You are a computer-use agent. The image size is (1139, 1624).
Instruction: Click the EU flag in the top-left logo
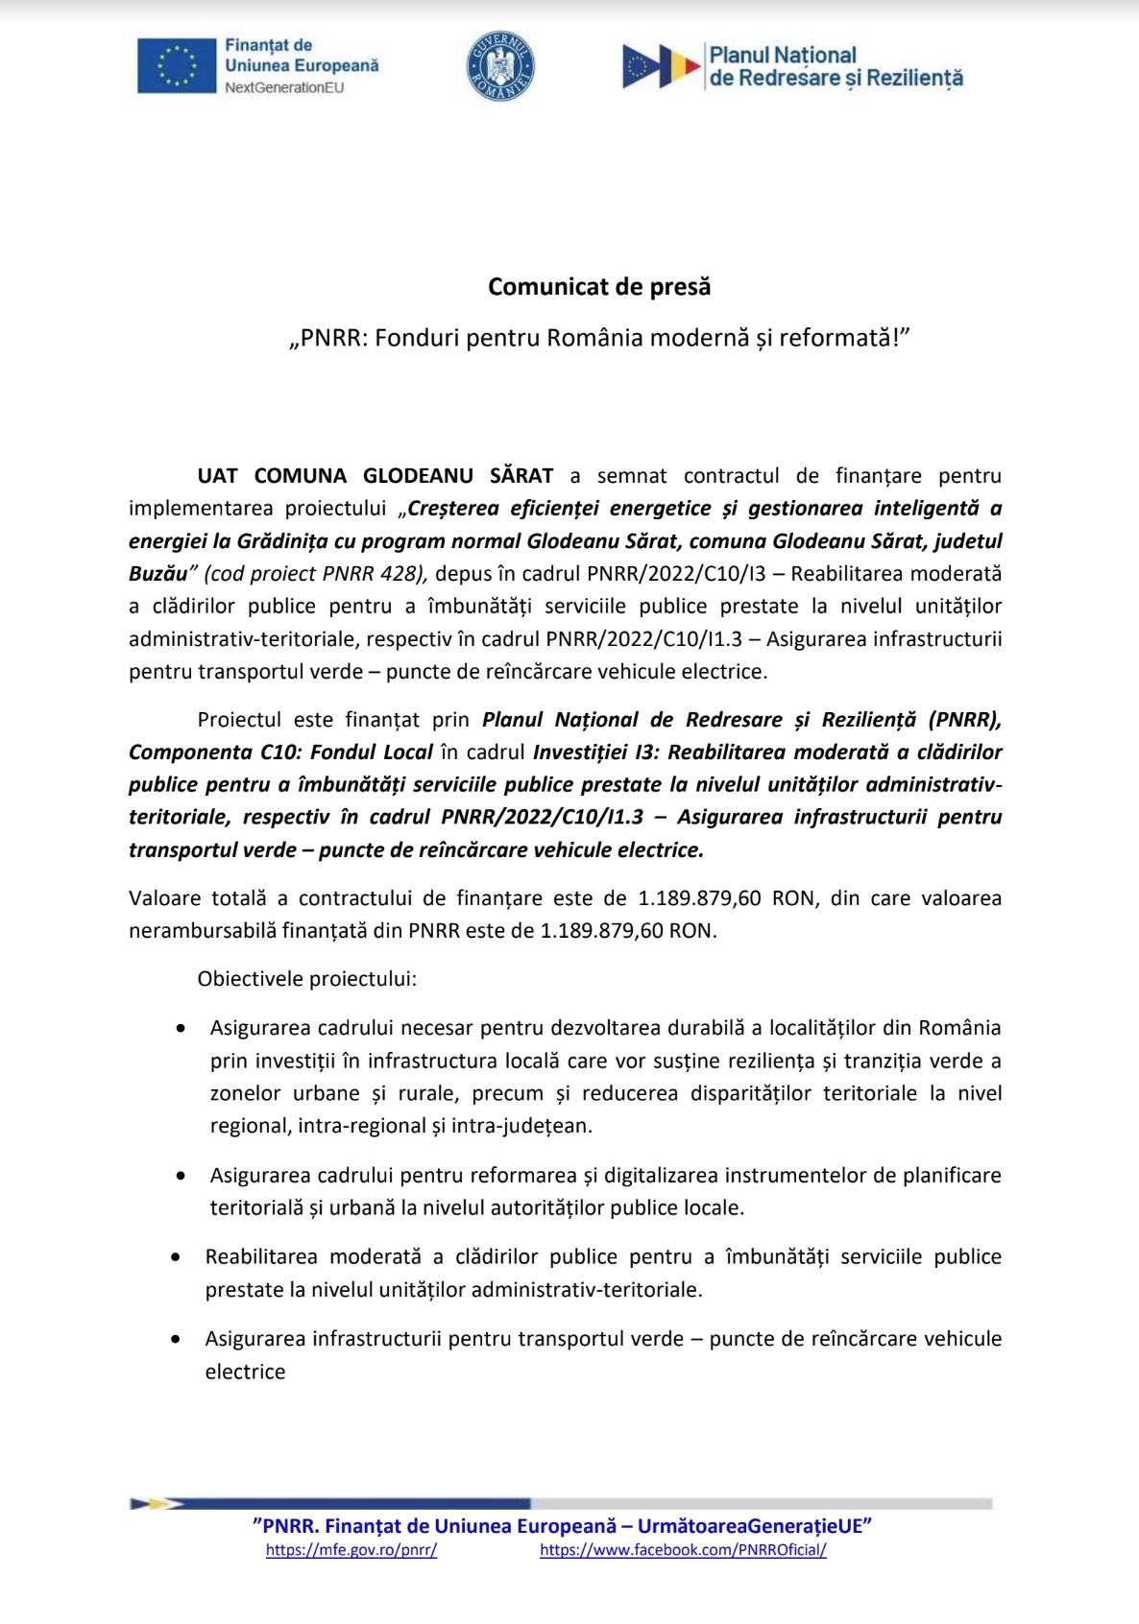pos(177,66)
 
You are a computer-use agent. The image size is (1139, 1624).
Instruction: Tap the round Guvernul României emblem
pos(500,66)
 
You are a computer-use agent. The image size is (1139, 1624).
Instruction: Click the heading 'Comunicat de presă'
pos(599,286)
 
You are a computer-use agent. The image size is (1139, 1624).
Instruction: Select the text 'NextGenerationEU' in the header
pos(284,87)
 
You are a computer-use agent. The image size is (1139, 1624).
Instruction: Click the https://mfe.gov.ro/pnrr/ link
pos(351,1549)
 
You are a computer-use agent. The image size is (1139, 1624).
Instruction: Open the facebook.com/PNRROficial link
pos(683,1549)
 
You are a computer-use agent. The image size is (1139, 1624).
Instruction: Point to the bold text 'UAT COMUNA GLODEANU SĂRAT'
pos(376,475)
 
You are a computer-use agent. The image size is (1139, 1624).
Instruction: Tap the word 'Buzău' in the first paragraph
pos(158,573)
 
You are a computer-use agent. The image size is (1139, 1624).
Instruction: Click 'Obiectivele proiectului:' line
pos(307,979)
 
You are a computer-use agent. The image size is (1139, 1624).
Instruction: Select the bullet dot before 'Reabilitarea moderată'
pos(175,1256)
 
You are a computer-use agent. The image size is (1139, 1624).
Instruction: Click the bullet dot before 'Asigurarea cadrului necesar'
pos(181,1028)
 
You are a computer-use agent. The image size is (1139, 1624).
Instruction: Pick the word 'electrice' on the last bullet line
pos(245,1372)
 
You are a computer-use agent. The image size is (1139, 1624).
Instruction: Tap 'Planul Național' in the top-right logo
pos(783,56)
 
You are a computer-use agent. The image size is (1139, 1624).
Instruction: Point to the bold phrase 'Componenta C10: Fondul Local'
pos(280,752)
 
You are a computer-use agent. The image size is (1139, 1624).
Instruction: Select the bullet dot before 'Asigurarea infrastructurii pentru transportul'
pos(175,1338)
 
